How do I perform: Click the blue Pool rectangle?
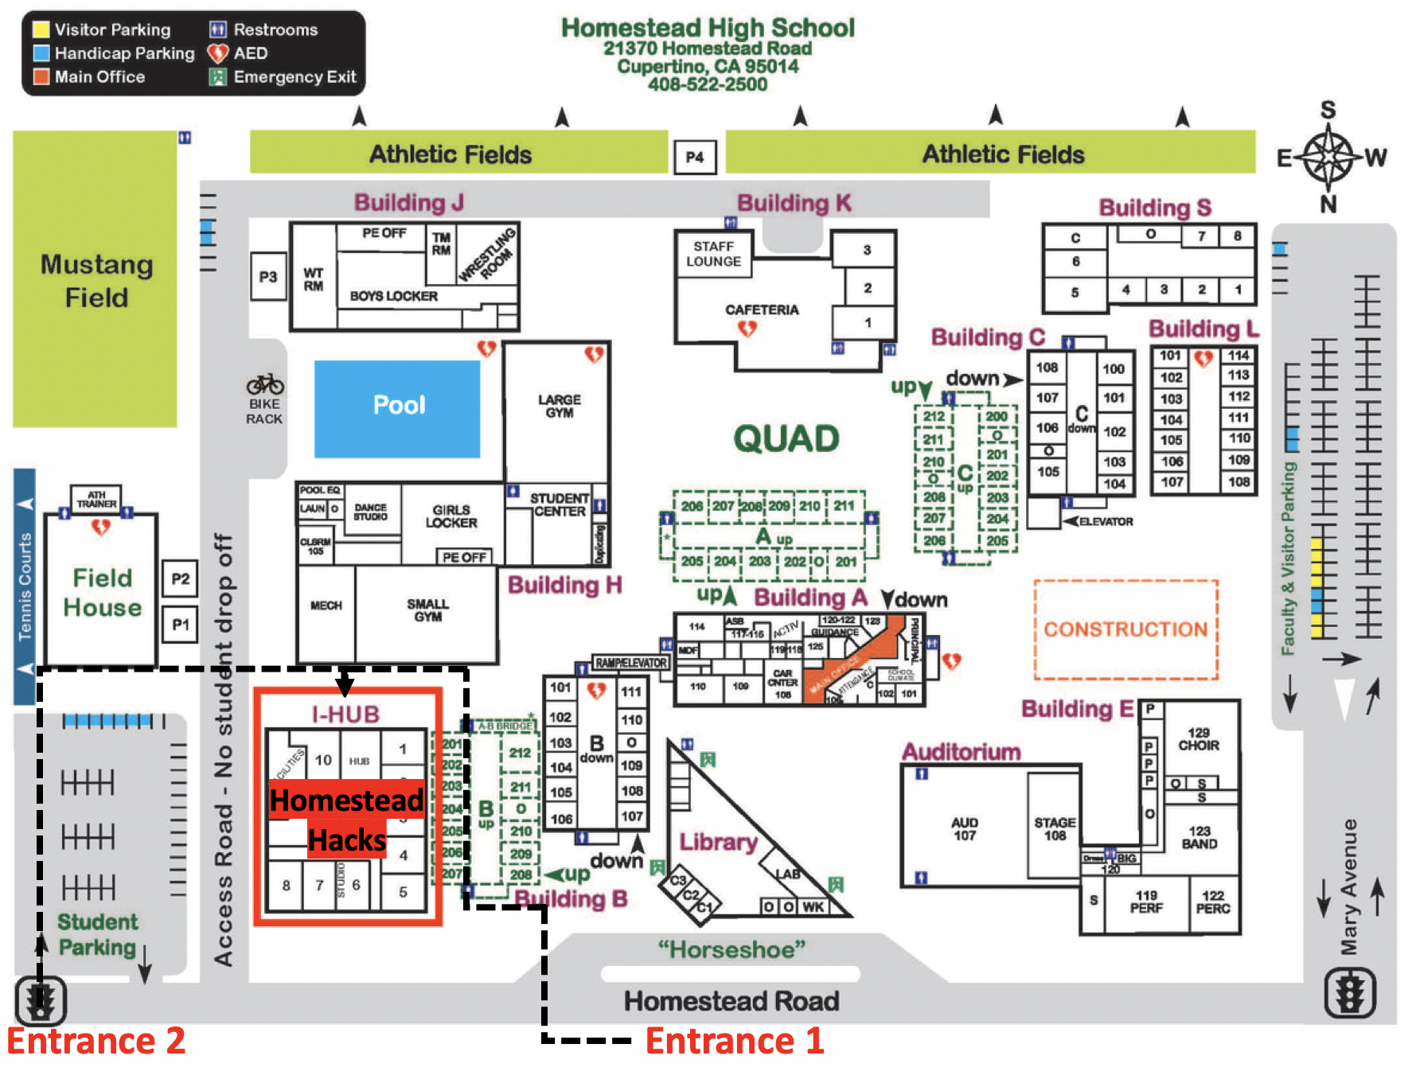397,408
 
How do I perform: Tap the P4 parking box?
694,157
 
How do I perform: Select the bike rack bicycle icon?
265,384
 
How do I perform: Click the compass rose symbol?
1328,157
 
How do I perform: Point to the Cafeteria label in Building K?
761,310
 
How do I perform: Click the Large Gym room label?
559,406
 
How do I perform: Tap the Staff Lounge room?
713,254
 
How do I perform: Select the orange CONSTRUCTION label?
1125,629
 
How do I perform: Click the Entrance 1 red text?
734,1041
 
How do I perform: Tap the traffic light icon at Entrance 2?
41,1000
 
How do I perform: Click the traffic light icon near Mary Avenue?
1349,992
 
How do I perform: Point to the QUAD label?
786,438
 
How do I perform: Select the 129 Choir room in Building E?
1198,738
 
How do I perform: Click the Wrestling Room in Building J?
486,255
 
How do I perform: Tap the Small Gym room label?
427,610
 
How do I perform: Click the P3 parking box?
267,277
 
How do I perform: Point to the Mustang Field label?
96,280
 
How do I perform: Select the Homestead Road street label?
731,1000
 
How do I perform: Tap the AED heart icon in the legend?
217,53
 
